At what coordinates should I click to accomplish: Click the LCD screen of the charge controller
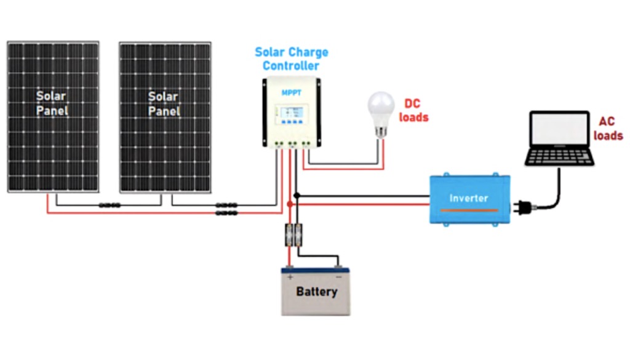click(x=291, y=114)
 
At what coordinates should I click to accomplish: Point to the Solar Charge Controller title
click(x=292, y=58)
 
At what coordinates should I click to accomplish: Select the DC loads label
click(x=413, y=110)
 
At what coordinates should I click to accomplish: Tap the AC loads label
click(x=607, y=129)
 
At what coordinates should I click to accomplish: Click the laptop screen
click(x=559, y=131)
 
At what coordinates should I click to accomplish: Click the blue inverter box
click(x=469, y=198)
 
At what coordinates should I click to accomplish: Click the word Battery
click(x=316, y=291)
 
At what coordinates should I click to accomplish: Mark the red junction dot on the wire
click(x=290, y=204)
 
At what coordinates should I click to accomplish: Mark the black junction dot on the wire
click(x=297, y=196)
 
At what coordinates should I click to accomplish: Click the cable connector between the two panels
click(x=110, y=206)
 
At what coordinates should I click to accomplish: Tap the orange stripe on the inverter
click(x=469, y=210)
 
